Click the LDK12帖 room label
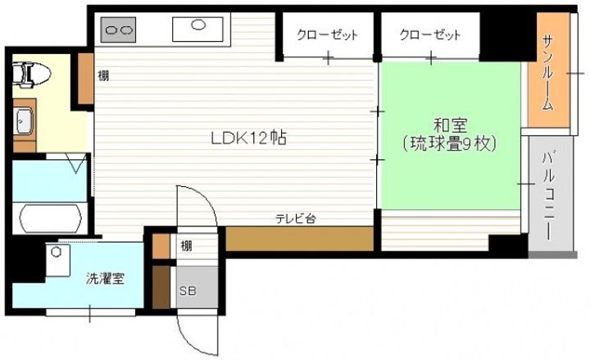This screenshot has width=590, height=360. [246, 139]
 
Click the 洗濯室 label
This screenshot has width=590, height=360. [106, 277]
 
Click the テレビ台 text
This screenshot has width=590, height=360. [296, 217]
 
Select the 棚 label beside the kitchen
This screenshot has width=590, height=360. [104, 75]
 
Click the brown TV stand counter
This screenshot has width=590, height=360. [299, 238]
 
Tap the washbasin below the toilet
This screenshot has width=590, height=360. [24, 122]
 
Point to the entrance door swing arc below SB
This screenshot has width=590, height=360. [197, 332]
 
